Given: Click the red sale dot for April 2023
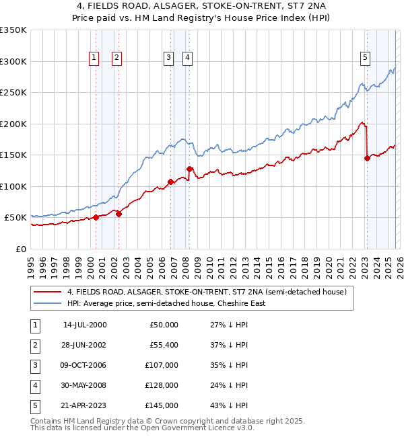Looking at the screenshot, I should tap(367, 159).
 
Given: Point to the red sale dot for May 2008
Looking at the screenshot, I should tap(190, 169).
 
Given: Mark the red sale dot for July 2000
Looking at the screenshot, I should tap(96, 217).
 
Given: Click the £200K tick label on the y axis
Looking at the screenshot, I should tap(13, 124).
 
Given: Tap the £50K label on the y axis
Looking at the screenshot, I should tap(15, 218).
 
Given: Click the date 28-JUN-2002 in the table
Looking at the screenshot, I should tap(84, 344).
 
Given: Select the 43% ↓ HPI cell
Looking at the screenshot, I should tap(228, 405).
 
